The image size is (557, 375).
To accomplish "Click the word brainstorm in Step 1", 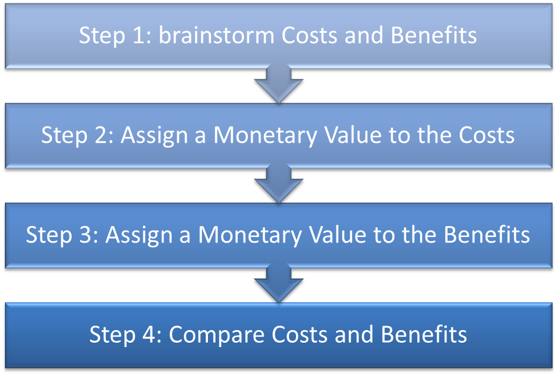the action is click(x=216, y=35).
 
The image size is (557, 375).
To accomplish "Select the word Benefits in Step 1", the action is click(x=434, y=35).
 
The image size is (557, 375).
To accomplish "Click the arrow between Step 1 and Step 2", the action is click(x=278, y=84).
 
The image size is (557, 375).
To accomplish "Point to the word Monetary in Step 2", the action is click(x=265, y=135).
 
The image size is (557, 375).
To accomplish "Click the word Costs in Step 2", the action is click(x=486, y=135).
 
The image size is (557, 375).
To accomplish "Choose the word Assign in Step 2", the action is click(x=154, y=136).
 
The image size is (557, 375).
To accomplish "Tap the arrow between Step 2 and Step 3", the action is click(x=278, y=183).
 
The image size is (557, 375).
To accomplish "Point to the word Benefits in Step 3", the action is click(x=486, y=235).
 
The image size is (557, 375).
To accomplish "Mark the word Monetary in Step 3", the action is click(x=250, y=235).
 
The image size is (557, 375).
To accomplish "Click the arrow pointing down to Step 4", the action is click(x=278, y=283).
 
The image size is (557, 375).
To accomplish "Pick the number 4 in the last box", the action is click(x=149, y=334).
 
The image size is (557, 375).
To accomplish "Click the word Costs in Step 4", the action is click(x=300, y=334).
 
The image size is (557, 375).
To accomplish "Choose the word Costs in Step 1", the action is click(x=310, y=36).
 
